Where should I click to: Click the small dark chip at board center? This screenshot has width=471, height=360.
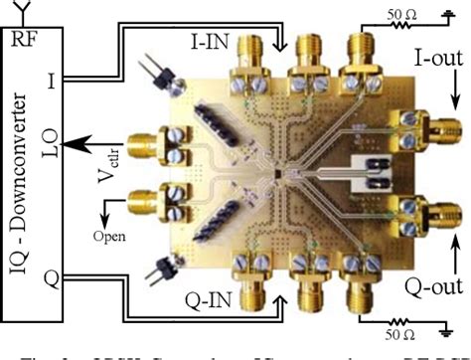point(280,175)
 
